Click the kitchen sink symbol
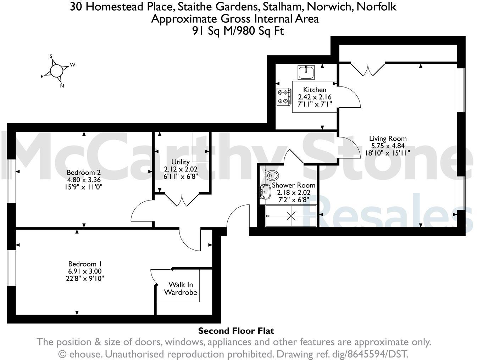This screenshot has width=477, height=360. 306,72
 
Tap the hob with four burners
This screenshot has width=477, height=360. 283,97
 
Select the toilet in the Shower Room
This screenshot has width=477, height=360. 272,175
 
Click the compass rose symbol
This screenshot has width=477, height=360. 56,71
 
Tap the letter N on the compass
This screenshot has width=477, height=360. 62,85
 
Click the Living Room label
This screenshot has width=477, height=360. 388,139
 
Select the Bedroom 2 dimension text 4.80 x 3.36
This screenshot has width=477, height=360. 84,180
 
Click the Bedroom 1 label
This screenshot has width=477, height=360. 85,264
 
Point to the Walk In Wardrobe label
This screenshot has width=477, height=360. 181,288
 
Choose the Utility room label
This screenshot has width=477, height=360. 180,162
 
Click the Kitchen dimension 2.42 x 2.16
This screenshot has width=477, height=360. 315,97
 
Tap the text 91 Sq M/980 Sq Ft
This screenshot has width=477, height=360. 238,31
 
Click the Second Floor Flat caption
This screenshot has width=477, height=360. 236,331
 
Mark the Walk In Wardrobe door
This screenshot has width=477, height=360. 154,276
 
